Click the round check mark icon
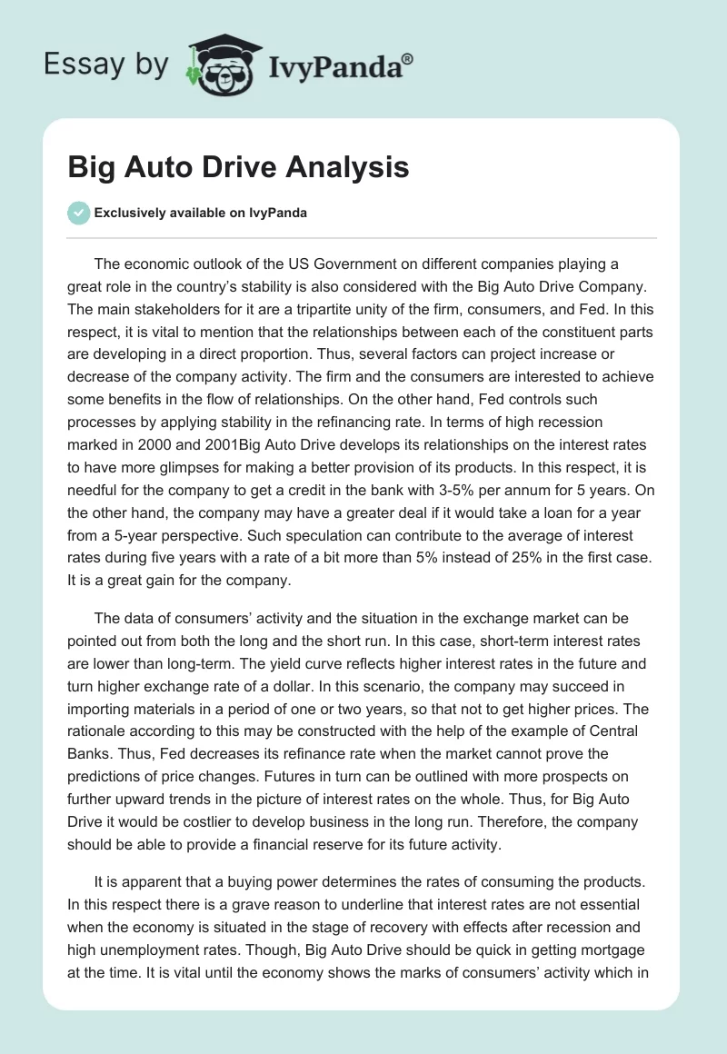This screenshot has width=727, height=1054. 78,213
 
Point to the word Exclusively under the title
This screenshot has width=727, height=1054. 131,214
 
